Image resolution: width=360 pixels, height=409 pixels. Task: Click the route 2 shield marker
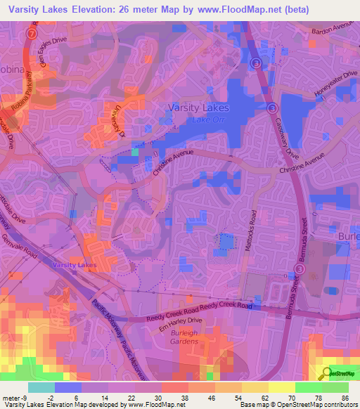click(31, 33)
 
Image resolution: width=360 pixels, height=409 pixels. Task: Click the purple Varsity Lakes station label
click(73, 265)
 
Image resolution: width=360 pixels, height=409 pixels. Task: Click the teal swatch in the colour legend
click(41, 387)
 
